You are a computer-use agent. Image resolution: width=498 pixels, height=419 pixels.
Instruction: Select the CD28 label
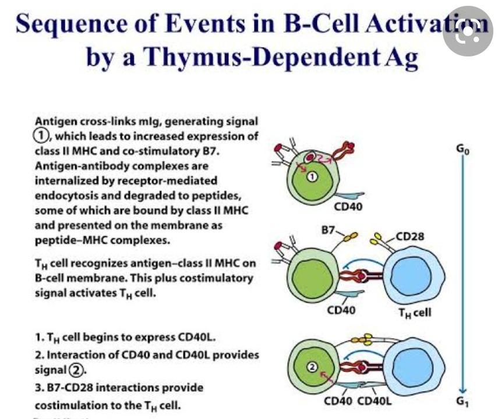409,237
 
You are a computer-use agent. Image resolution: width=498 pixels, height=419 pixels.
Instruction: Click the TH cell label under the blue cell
414,312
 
